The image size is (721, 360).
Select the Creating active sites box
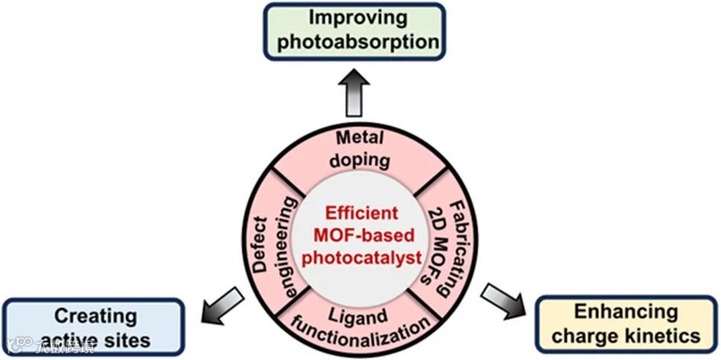tap(93, 326)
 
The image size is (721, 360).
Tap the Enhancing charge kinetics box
tap(626, 323)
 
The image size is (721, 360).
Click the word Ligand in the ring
tap(351, 313)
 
